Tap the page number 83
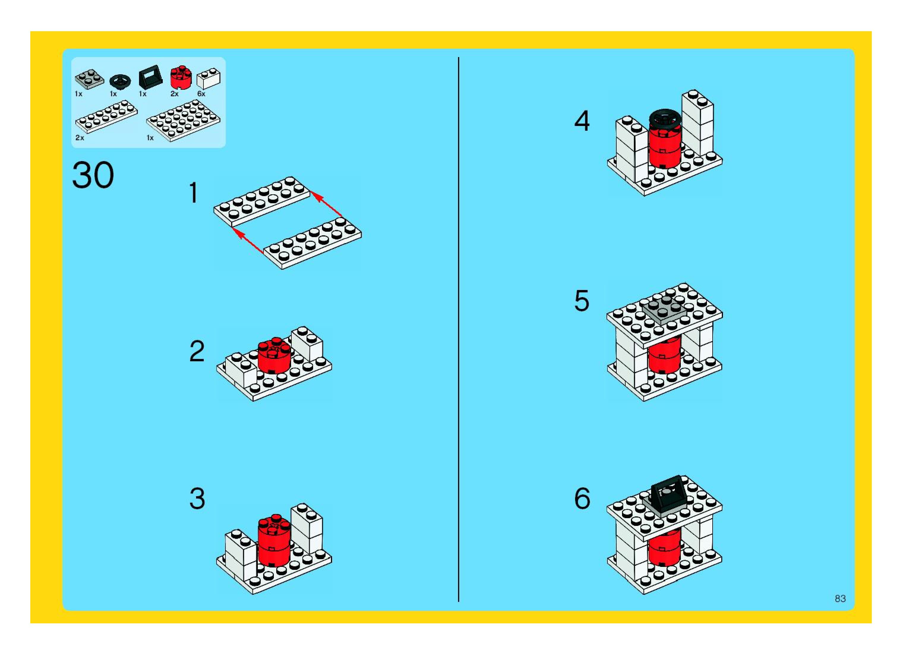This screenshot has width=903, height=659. coord(840,598)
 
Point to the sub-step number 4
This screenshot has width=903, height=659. coord(582,121)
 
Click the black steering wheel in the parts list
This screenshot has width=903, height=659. coord(120,81)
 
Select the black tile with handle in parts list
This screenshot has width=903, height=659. coord(150,77)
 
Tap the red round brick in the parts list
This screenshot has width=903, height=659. coord(181,77)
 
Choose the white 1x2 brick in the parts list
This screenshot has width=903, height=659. coord(208,78)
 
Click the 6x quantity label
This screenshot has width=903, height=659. coord(201,94)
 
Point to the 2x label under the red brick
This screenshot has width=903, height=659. coord(174,94)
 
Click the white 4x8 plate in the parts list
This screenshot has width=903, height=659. coord(183,120)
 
